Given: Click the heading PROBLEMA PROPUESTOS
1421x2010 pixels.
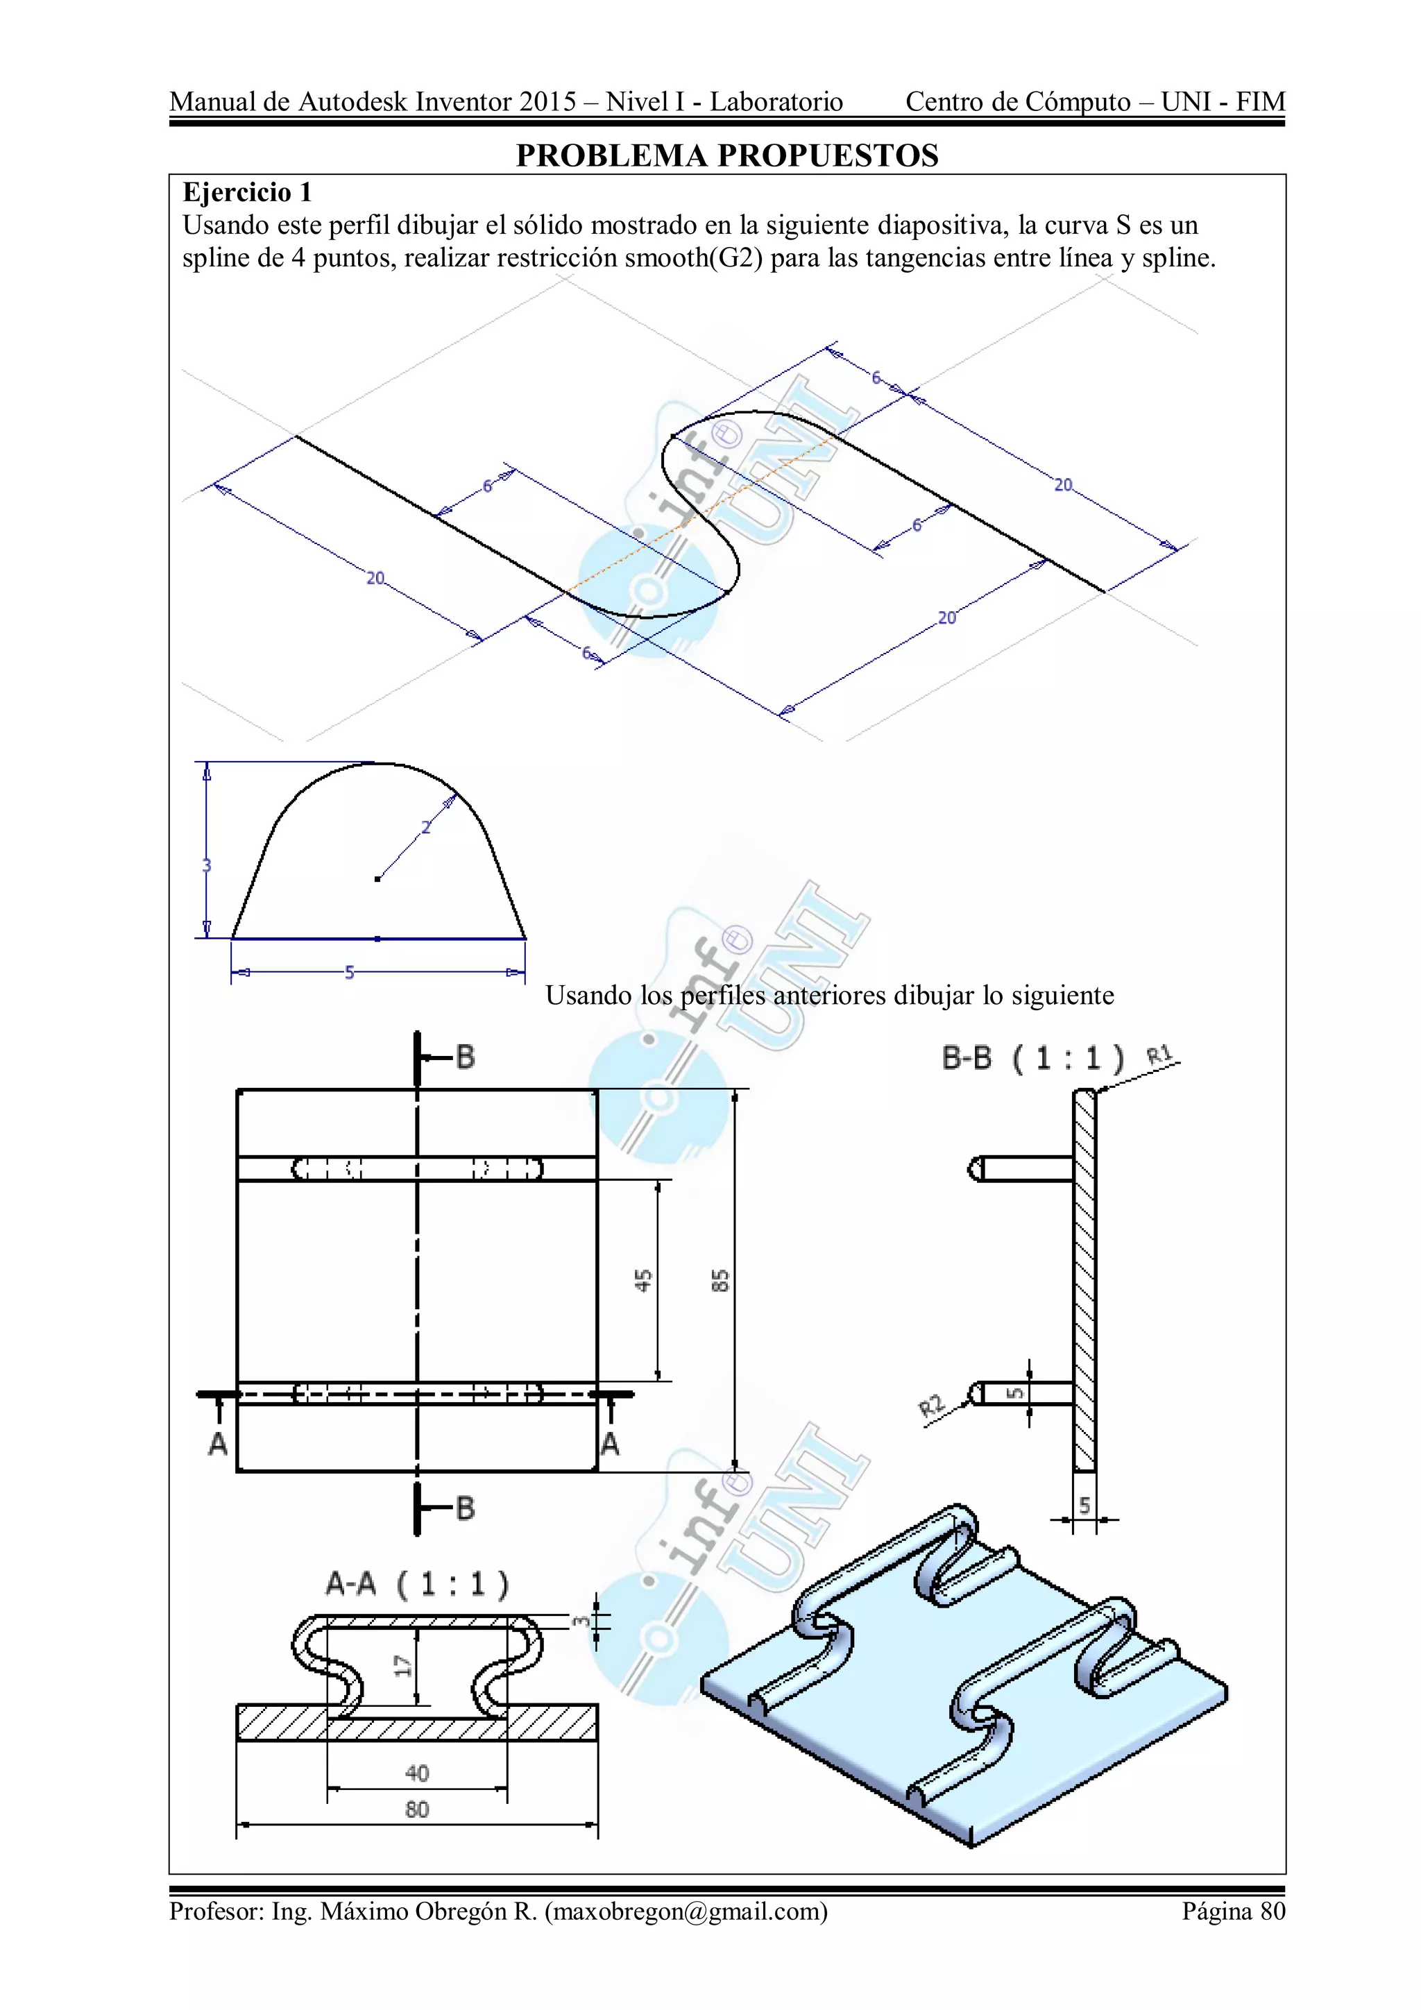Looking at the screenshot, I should coord(726,156).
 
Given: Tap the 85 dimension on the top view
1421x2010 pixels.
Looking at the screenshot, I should coord(720,1281).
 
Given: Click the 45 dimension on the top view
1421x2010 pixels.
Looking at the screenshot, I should coord(643,1281).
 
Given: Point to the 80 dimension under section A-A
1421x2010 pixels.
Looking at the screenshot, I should coord(417,1809).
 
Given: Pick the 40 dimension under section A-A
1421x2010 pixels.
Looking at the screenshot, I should coord(417,1773).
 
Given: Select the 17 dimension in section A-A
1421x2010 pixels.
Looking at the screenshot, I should coord(402,1666).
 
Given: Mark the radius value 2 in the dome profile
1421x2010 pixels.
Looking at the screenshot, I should coord(427,827).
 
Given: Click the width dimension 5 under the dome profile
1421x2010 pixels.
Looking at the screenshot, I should coord(349,973).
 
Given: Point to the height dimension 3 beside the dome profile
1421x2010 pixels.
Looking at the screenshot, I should coord(207,866).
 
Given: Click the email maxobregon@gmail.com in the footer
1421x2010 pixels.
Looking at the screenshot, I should coord(686,1911).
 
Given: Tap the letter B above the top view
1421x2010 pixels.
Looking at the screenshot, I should coord(465,1057).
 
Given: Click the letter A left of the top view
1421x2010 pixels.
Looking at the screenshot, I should coord(217,1444).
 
